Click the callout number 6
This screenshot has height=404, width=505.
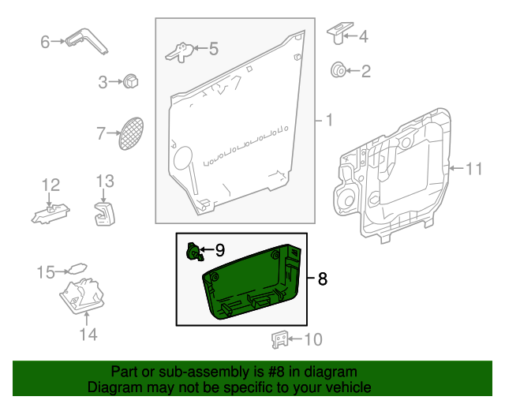45,41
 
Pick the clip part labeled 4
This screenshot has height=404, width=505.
338,32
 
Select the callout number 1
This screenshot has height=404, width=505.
329,121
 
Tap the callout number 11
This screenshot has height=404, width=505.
473,168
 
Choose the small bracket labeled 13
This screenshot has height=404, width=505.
105,212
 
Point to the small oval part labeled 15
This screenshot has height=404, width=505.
77,268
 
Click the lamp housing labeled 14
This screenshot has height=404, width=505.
81,297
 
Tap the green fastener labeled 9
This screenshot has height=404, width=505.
192,252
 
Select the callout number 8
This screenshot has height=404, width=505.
322,279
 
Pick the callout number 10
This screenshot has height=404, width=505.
312,340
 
